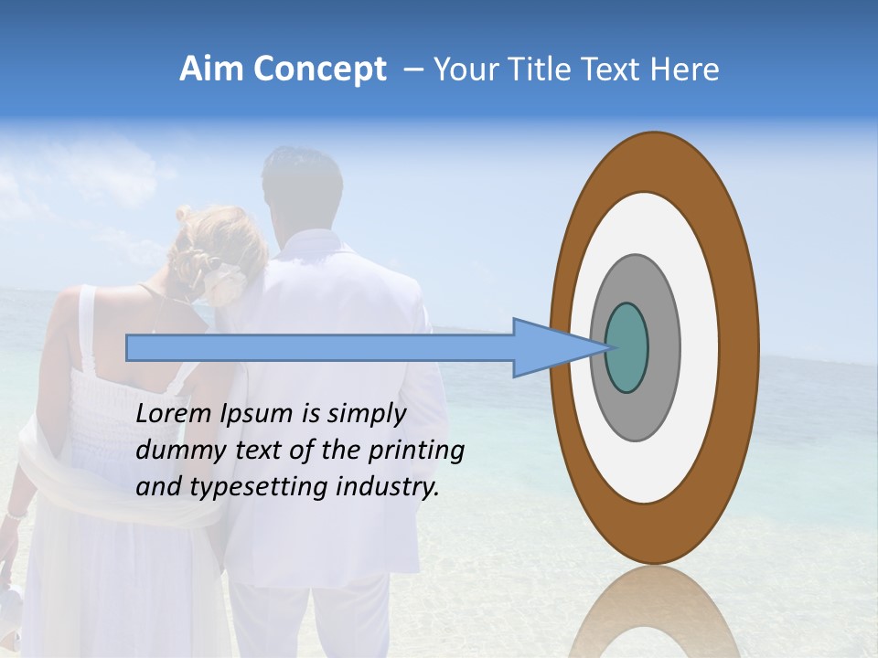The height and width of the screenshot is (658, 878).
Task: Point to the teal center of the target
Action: (627, 348)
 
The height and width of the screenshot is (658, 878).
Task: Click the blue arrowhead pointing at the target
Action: (549, 348)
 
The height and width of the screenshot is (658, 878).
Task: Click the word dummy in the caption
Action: (174, 451)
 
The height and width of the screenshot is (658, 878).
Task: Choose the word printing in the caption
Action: (416, 451)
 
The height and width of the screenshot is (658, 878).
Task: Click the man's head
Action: (302, 183)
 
